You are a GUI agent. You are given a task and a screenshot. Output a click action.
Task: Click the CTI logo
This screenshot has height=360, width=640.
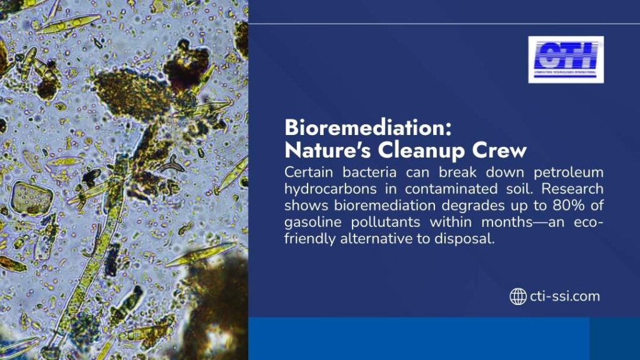(x=566, y=59)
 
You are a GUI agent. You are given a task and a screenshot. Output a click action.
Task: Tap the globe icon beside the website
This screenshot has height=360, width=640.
(x=517, y=296)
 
